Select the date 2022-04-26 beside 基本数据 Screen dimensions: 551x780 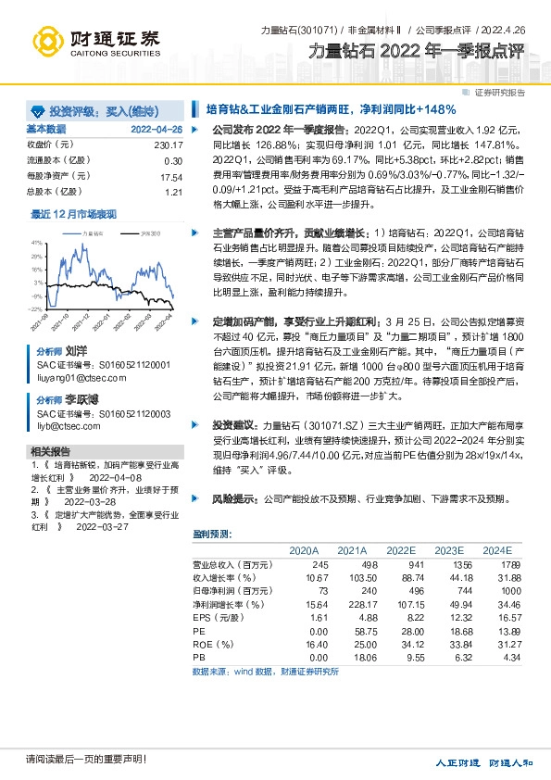coord(157,129)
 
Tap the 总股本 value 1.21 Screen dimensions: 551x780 coord(173,192)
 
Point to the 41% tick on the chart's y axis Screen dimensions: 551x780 coord(38,243)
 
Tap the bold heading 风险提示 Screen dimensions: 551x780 coord(238,498)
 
